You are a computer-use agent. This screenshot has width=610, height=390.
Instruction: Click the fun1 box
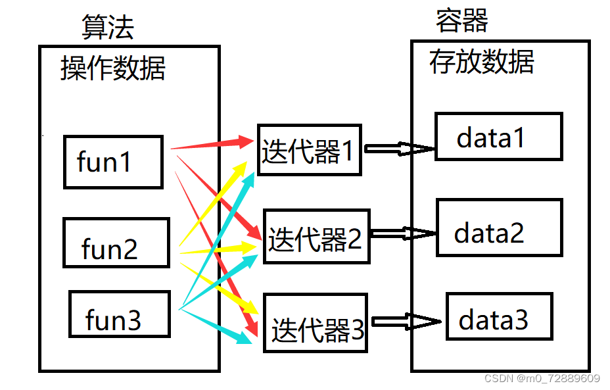click(x=113, y=162)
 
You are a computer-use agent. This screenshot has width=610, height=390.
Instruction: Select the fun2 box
click(x=116, y=243)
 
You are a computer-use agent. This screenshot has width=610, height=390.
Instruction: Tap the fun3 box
click(x=119, y=314)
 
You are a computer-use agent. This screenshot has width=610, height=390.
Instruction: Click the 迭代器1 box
click(x=308, y=149)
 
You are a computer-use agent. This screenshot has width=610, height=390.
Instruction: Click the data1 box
click(x=498, y=136)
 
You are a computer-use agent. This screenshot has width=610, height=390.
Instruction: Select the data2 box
click(x=499, y=228)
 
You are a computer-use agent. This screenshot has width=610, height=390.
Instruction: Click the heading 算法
click(x=107, y=26)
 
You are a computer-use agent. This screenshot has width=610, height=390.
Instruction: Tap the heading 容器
click(x=461, y=21)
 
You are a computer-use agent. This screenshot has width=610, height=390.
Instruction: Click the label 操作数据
click(x=112, y=68)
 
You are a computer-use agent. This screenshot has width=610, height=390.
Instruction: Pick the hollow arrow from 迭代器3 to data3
click(x=406, y=322)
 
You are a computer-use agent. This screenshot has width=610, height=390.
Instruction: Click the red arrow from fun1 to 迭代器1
click(x=210, y=144)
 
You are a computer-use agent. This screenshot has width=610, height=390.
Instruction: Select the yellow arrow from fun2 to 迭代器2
click(x=217, y=249)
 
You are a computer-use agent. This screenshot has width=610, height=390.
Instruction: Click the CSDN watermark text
click(x=542, y=378)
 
